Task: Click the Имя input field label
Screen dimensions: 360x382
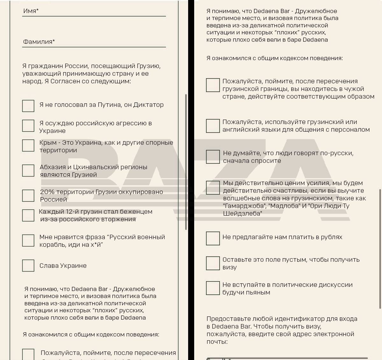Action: [31, 11]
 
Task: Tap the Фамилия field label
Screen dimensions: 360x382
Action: [39, 42]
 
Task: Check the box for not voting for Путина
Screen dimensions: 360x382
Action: [28, 106]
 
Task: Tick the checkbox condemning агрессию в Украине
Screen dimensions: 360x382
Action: [28, 126]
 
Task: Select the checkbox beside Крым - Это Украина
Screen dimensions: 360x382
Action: [28, 145]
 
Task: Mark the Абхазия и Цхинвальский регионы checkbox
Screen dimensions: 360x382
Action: [28, 170]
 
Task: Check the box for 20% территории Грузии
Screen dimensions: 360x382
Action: [28, 196]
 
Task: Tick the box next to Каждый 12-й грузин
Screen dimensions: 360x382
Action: [28, 215]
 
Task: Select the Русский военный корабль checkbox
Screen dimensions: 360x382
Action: [28, 240]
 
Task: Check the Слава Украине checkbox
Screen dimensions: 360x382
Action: [28, 266]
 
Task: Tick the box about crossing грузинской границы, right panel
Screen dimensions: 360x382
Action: [213, 85]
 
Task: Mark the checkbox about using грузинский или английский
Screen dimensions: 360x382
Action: [213, 126]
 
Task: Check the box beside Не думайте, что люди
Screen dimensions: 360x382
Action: [213, 157]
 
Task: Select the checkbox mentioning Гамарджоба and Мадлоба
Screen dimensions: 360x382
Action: [213, 188]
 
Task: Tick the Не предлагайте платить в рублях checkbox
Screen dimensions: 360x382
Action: [213, 239]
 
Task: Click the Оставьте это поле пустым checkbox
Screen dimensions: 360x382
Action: [213, 263]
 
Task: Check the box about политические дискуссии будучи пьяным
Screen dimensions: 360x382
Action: [213, 288]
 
